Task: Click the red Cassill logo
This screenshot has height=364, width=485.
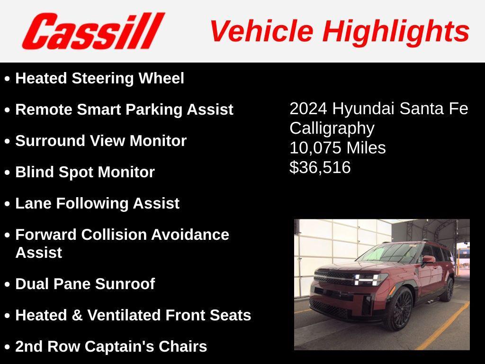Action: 93,31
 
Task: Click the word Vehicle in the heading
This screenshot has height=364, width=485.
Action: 261,31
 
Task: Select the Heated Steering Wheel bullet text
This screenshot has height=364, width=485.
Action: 99,78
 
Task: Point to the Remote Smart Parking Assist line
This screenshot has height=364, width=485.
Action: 124,109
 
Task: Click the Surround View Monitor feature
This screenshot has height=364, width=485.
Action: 101,141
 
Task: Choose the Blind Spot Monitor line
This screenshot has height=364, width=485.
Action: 85,172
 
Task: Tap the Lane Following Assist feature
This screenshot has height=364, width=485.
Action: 97,203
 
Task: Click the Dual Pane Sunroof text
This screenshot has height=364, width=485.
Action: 85,284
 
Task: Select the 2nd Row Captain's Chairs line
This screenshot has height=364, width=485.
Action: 111,346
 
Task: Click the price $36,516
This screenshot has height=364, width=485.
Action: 320,167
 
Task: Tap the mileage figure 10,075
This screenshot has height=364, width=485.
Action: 315,148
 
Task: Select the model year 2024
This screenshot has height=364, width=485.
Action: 308,109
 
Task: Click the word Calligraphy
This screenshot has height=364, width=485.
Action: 332,128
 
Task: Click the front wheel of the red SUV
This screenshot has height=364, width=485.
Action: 400,309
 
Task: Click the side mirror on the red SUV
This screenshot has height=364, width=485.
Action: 428,259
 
